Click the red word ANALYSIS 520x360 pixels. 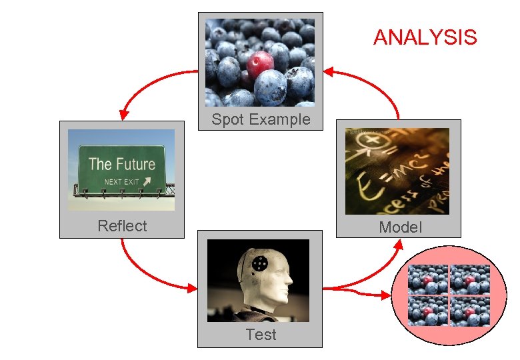pos(425,37)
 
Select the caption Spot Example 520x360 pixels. pos(261,120)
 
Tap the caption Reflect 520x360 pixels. pos(122,226)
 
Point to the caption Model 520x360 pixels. pos(400,227)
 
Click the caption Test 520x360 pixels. pos(261,335)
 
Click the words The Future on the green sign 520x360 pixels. pos(121,164)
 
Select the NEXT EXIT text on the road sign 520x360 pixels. pos(121,182)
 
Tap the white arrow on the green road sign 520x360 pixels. pos(147,181)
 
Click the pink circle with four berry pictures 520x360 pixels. pos(449,294)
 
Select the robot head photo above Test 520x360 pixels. pos(258,281)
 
